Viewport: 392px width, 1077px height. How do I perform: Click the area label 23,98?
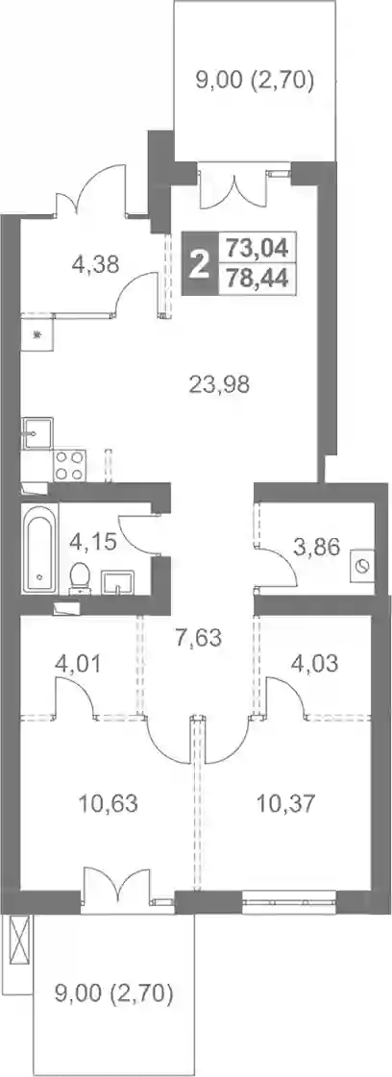pyautogui.click(x=219, y=385)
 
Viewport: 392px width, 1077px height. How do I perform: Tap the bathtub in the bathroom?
pyautogui.click(x=38, y=549)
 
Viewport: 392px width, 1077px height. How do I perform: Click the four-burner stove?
pyautogui.click(x=69, y=465)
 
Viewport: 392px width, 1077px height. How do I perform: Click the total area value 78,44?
pyautogui.click(x=257, y=279)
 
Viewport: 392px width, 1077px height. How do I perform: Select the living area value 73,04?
pyautogui.click(x=257, y=245)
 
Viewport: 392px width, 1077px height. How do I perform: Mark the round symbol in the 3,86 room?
pyautogui.click(x=362, y=565)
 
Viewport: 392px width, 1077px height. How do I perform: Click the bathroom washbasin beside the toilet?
pyautogui.click(x=119, y=582)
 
